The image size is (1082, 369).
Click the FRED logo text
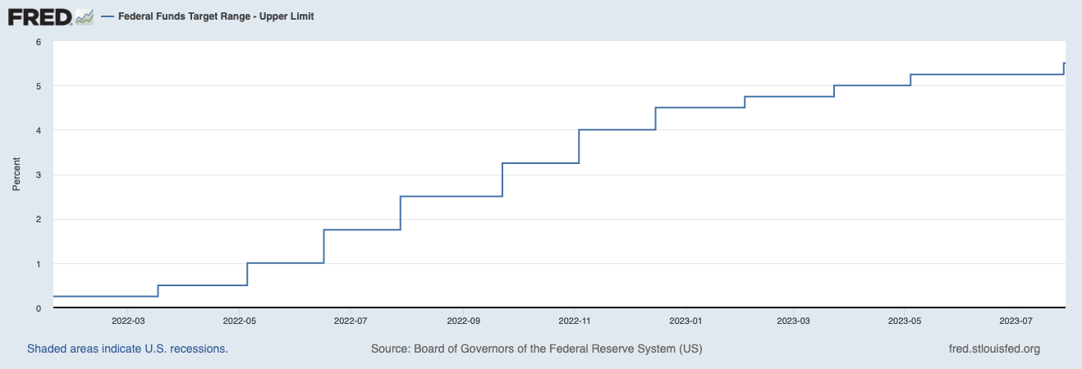click(x=39, y=16)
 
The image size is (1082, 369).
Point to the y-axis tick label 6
click(x=39, y=42)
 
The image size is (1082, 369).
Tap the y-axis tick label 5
click(x=39, y=86)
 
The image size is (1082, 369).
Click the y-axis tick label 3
click(x=39, y=175)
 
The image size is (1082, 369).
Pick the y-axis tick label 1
click(x=39, y=264)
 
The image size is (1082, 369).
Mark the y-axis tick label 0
click(x=39, y=308)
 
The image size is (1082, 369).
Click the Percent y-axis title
click(x=16, y=175)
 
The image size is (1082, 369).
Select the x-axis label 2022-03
click(x=128, y=320)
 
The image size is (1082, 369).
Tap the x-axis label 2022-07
click(x=351, y=320)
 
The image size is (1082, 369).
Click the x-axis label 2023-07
click(x=1016, y=320)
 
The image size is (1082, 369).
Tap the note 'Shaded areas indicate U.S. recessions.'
click(x=127, y=348)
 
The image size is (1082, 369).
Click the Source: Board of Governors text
click(x=536, y=348)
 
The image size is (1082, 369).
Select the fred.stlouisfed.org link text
click(x=993, y=348)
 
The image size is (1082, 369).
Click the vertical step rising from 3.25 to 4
click(x=579, y=146)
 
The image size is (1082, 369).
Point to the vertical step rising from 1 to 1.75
click(x=324, y=246)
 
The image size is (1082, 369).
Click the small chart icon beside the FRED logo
click(x=85, y=16)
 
